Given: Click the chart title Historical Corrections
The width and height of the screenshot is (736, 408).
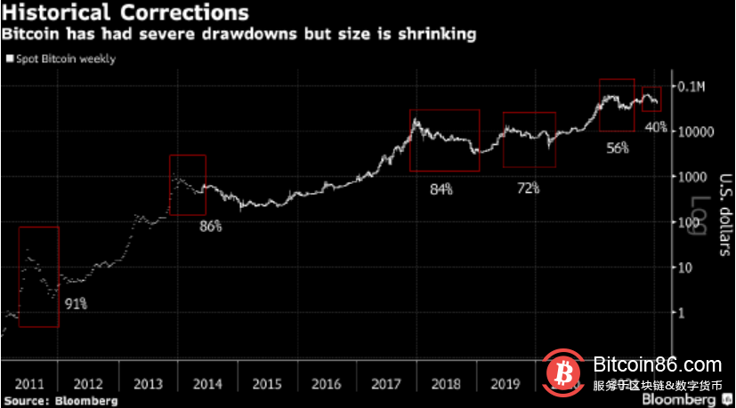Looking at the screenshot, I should [x=125, y=13].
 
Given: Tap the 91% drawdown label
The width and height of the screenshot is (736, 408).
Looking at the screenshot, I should [x=76, y=304].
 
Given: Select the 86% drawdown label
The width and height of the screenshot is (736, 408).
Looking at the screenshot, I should [x=211, y=226].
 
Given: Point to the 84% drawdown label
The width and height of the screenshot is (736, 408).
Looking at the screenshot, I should [x=441, y=188].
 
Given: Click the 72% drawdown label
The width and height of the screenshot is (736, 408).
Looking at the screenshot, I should [x=529, y=188].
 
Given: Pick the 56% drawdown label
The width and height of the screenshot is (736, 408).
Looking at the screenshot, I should [x=617, y=148].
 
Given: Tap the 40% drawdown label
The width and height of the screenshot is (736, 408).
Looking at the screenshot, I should [x=656, y=127].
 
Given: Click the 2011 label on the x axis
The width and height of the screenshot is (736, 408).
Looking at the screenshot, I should [x=29, y=384].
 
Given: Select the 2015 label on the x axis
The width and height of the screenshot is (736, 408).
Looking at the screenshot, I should [x=267, y=384].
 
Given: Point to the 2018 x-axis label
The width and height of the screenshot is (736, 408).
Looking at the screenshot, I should [x=446, y=384].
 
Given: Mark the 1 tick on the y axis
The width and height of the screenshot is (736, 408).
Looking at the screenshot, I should [x=682, y=313].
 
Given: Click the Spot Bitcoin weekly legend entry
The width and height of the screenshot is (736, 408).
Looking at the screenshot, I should [x=62, y=59].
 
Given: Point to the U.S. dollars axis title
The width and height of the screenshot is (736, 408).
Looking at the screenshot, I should [x=724, y=212].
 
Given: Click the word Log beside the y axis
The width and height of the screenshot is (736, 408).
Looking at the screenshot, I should [x=703, y=218].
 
